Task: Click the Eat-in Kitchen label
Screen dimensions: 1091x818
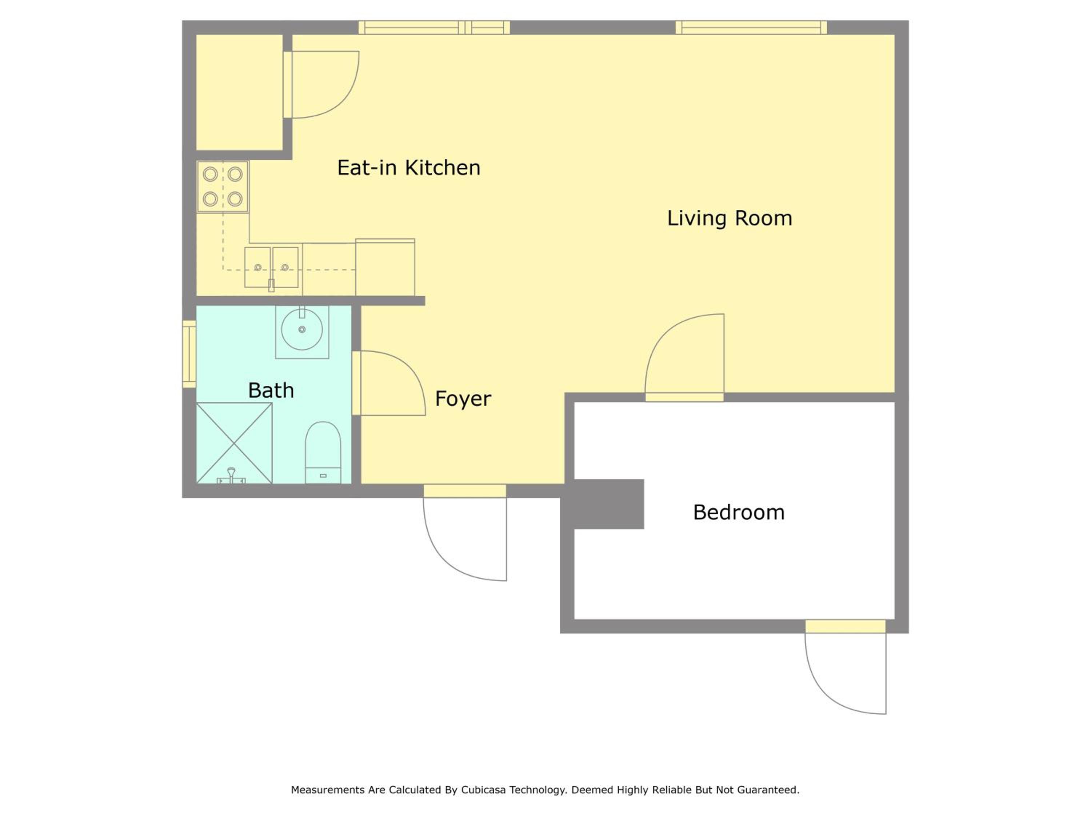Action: [x=408, y=168]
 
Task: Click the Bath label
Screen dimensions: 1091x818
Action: [x=271, y=390]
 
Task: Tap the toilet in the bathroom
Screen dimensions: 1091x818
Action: [x=323, y=452]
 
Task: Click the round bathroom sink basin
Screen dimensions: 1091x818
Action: [x=302, y=329]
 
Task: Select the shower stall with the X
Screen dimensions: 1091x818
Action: [x=234, y=443]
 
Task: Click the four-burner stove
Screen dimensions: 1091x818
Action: [x=223, y=187]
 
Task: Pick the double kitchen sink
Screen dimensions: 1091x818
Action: [x=272, y=268]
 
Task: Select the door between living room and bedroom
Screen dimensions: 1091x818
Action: [x=684, y=357]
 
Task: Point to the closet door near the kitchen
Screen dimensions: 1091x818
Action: [x=321, y=84]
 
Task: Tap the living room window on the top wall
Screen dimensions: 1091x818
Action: [x=751, y=28]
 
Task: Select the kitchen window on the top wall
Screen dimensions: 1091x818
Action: [x=434, y=28]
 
